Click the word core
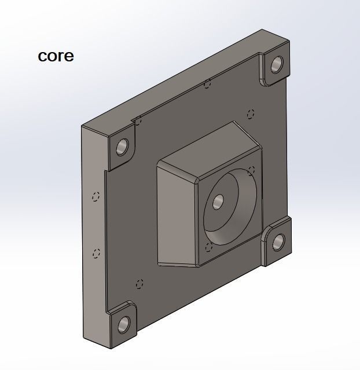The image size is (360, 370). click(x=56, y=56)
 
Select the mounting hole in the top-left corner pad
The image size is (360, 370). click(x=122, y=146)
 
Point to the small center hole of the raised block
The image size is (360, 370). click(x=218, y=202)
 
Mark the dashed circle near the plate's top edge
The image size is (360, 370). click(x=207, y=85)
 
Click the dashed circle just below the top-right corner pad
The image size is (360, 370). click(x=251, y=113)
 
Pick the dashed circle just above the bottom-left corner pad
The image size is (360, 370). click(x=138, y=284)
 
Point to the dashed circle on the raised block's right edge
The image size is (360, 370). click(x=251, y=170)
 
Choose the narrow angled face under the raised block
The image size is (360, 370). click(x=177, y=264)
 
